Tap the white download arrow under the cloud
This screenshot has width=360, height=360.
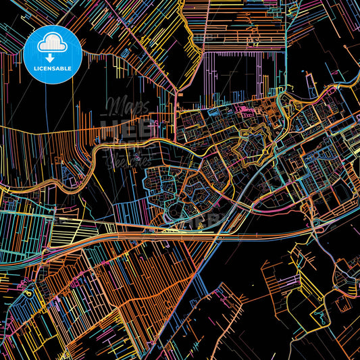click(x=52, y=48)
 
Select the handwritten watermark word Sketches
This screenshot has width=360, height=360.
click(x=128, y=160)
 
